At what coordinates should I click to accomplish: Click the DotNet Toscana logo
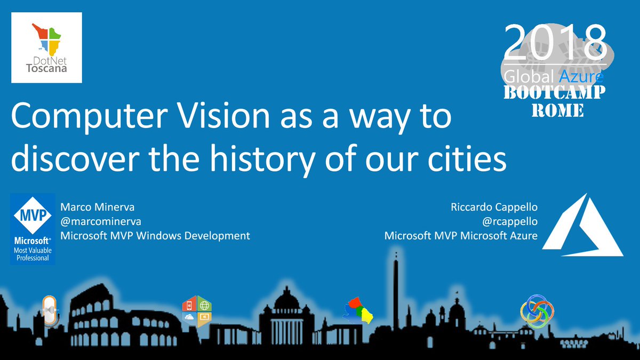(x=46, y=47)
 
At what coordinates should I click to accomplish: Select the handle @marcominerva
(x=101, y=221)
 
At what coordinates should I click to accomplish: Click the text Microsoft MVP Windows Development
(x=155, y=235)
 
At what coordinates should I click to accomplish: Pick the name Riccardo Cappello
(x=494, y=206)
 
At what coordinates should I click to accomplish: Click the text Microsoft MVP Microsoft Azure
(x=461, y=235)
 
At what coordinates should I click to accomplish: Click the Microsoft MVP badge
(x=33, y=228)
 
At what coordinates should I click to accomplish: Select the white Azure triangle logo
(x=583, y=225)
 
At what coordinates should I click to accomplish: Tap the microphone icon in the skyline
(x=50, y=310)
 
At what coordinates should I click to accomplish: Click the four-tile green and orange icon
(x=197, y=310)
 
